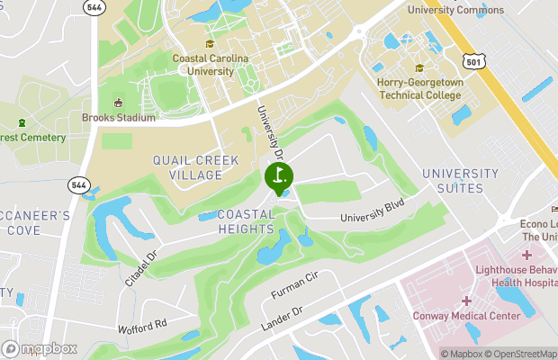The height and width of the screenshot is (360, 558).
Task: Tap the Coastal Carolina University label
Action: coord(211,65)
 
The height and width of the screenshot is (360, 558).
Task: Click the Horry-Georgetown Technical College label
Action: coord(419,87)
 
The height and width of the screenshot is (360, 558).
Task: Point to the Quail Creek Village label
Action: coord(195,167)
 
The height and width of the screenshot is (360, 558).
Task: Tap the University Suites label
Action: coord(460,181)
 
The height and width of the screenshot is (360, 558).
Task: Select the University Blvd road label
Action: coord(373,211)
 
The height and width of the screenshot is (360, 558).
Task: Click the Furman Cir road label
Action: coord(295,289)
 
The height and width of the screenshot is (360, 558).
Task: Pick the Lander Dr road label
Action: coord(285,317)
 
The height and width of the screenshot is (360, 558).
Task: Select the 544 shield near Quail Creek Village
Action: coord(78,184)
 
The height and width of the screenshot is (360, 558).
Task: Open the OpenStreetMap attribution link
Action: coord(521,354)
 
